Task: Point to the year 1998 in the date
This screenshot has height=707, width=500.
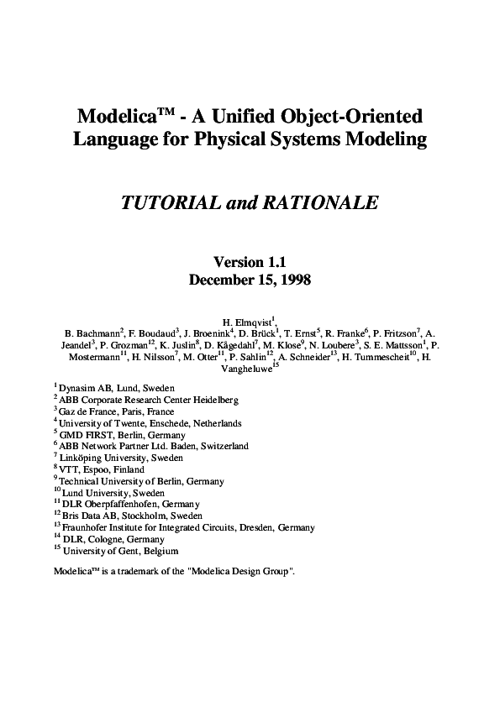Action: pos(292,280)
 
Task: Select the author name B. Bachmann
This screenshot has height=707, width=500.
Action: pos(93,333)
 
